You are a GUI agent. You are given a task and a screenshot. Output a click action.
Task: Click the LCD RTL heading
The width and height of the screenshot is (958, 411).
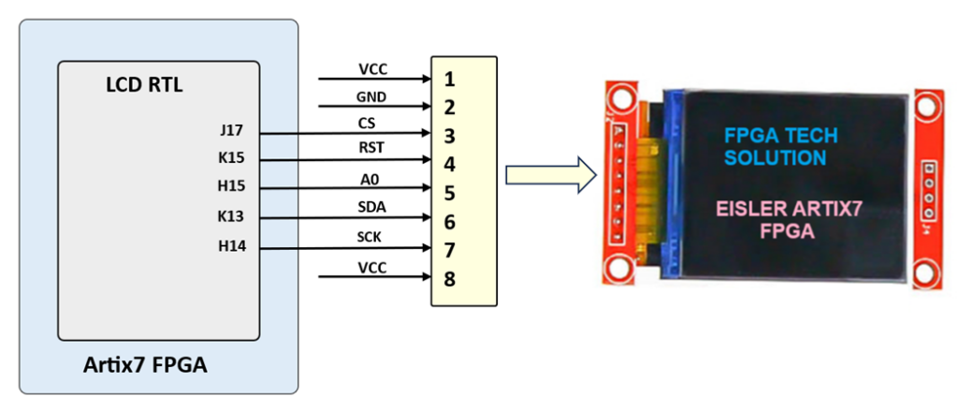pos(144,86)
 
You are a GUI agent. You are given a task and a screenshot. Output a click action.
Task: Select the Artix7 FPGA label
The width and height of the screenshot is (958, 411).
pos(144,365)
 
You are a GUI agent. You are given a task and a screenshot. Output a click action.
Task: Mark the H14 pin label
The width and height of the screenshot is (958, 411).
pos(230,246)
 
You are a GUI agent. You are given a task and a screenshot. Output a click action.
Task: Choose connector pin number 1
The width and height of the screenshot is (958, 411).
pos(450,78)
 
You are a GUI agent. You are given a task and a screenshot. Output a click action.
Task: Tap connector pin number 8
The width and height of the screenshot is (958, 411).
pos(450,278)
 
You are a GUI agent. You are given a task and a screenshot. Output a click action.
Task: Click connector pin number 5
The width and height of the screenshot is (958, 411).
pos(450,193)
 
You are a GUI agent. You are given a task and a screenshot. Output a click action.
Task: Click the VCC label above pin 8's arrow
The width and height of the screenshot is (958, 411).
pos(372,267)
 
